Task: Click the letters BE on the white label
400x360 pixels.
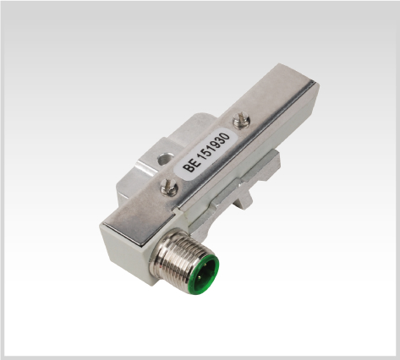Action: coord(190,166)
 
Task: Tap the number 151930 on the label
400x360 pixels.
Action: coord(215,146)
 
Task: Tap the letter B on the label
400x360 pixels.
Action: coord(188,168)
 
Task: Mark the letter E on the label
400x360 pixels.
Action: coord(194,163)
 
